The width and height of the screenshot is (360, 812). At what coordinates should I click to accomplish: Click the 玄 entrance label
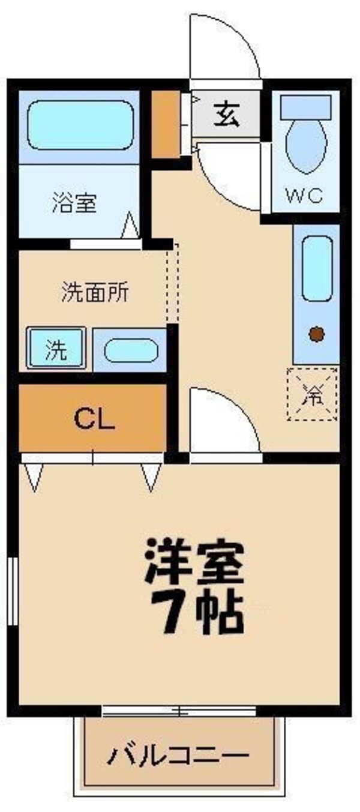[226, 115]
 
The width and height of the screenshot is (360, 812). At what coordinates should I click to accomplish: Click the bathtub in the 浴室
[80, 125]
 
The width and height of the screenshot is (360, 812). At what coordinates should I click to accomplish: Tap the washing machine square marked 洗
[56, 349]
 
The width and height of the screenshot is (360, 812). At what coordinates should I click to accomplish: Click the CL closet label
[94, 420]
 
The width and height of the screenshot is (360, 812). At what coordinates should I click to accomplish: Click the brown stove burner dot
[316, 334]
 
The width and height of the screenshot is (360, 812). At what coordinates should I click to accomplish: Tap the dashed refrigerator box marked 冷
[313, 393]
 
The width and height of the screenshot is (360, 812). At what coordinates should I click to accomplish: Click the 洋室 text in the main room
[194, 563]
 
